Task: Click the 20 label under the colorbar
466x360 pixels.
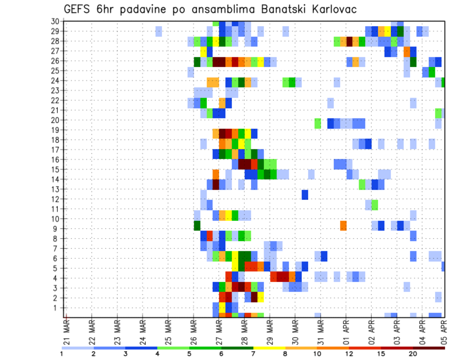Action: [413, 354]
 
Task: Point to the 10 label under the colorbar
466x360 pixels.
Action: [317, 354]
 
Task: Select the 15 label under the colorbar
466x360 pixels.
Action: [381, 354]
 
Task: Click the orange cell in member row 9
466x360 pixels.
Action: [343, 226]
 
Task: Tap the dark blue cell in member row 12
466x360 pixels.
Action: [305, 195]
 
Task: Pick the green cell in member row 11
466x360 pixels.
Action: [375, 205]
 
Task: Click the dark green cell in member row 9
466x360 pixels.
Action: [197, 226]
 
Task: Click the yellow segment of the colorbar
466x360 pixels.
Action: [269, 348]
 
